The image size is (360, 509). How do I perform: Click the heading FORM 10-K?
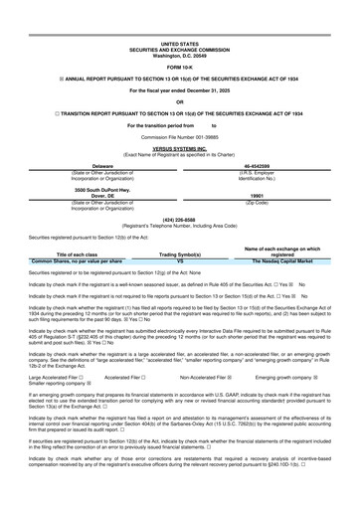[x=179, y=67]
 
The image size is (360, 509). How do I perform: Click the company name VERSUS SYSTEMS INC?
[x=179, y=147]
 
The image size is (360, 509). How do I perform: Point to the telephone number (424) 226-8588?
[x=179, y=220]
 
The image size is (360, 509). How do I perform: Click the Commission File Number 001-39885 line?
[x=179, y=136]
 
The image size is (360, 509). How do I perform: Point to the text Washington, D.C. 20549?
[x=179, y=55]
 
